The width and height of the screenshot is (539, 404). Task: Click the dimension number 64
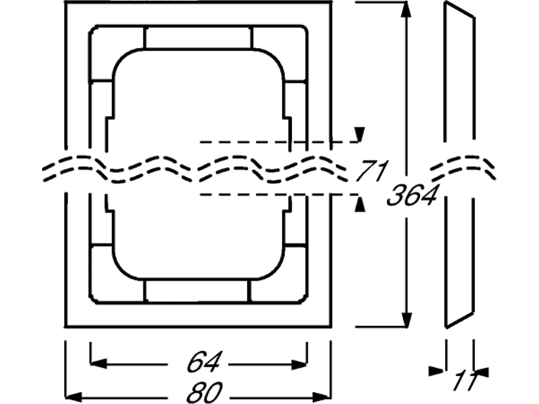[204, 362]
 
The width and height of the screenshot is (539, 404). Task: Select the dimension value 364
[412, 196]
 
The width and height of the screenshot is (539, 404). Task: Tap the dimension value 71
[372, 171]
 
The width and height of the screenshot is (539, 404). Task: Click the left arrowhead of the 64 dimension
[98, 363]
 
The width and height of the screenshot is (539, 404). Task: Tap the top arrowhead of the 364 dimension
[406, 10]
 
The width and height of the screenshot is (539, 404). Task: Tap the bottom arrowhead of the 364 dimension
[407, 319]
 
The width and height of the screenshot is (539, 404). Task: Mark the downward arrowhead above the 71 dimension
[359, 134]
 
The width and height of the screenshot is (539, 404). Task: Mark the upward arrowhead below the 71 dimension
[359, 204]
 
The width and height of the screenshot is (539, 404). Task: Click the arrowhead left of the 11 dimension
[436, 371]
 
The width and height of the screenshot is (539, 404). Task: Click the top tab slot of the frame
[199, 37]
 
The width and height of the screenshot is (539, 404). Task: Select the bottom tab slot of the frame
[198, 292]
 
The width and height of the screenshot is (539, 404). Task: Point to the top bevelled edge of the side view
[460, 9]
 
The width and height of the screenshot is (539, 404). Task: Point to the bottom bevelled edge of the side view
[460, 320]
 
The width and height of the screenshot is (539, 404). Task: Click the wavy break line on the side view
[463, 168]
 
